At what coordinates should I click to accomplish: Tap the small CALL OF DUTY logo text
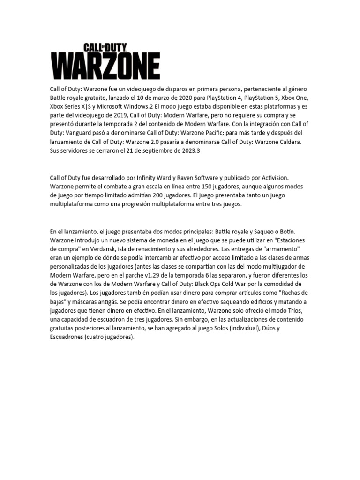click(105, 48)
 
